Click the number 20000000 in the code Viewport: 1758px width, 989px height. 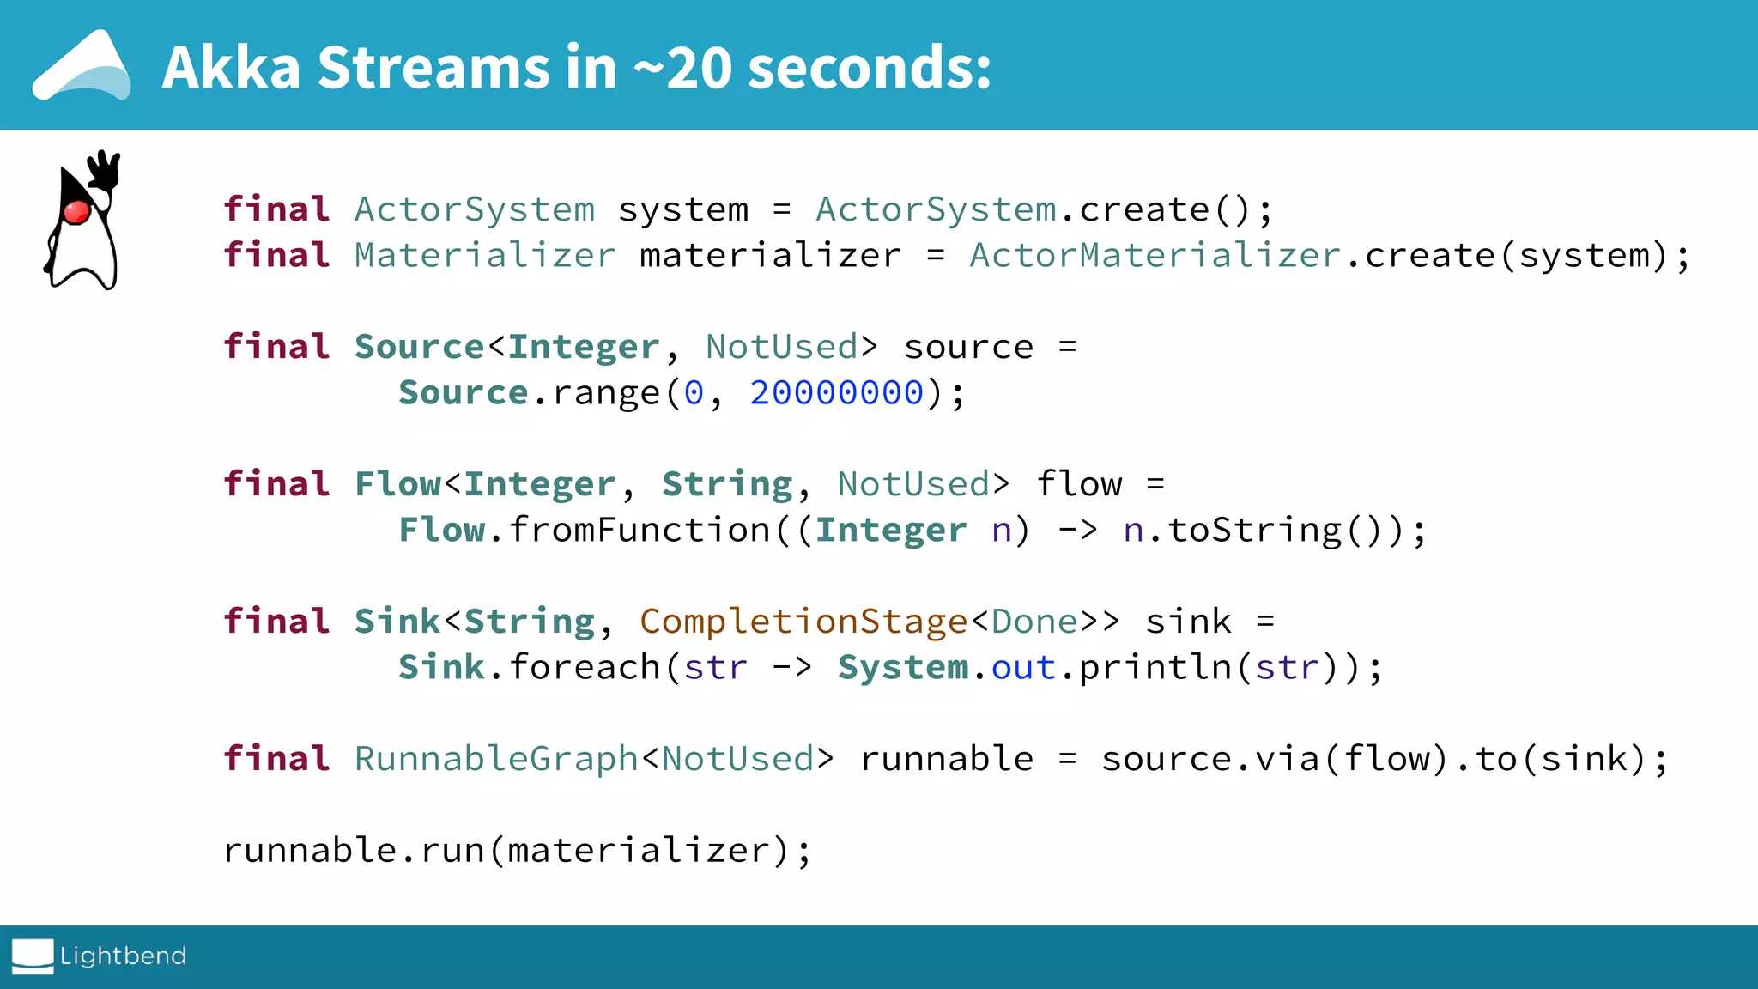coord(837,393)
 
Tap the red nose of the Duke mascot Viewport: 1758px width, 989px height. coord(76,211)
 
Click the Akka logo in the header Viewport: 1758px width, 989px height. coord(82,67)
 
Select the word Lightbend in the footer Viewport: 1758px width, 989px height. coord(123,956)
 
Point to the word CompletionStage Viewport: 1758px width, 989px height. coord(803,622)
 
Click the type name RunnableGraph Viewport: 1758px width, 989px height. coord(496,759)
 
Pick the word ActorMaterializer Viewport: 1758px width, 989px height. coord(1155,256)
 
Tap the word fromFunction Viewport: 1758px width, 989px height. coord(640,531)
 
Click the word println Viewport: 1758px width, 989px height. coord(1155,668)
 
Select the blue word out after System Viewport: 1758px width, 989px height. coord(1023,668)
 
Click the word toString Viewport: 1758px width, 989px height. coord(1254,531)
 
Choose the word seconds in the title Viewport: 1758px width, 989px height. coord(870,68)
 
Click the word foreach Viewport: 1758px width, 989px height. coord(584,668)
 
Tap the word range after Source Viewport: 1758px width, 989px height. coord(606,393)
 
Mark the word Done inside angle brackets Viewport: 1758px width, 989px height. coord(1034,622)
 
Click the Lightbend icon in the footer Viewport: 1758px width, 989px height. coord(33,956)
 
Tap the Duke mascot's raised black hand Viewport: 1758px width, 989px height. coord(106,169)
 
